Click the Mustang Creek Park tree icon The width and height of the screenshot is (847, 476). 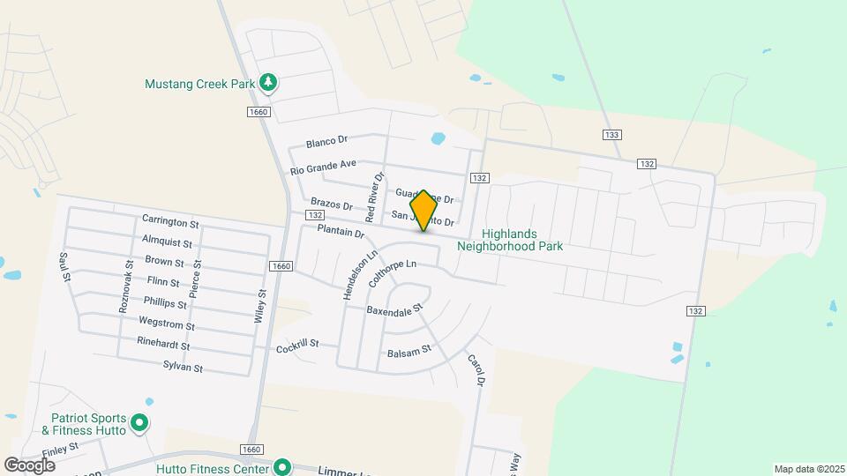(x=269, y=84)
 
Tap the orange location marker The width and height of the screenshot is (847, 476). (x=423, y=211)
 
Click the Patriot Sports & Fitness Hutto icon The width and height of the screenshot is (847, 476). (x=139, y=424)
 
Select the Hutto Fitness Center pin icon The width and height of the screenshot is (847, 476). (x=282, y=467)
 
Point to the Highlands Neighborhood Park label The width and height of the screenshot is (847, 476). (x=510, y=239)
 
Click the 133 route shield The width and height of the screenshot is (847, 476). (x=612, y=134)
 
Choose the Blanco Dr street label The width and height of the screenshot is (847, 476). (x=328, y=141)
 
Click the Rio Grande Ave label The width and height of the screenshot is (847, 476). (x=323, y=165)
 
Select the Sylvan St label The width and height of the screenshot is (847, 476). (x=183, y=366)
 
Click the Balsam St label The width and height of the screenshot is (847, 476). (x=409, y=351)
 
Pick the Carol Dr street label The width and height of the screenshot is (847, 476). (x=476, y=370)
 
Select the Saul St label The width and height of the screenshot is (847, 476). (x=64, y=266)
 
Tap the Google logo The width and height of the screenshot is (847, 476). (x=29, y=465)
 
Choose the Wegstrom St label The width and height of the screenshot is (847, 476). (x=167, y=324)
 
